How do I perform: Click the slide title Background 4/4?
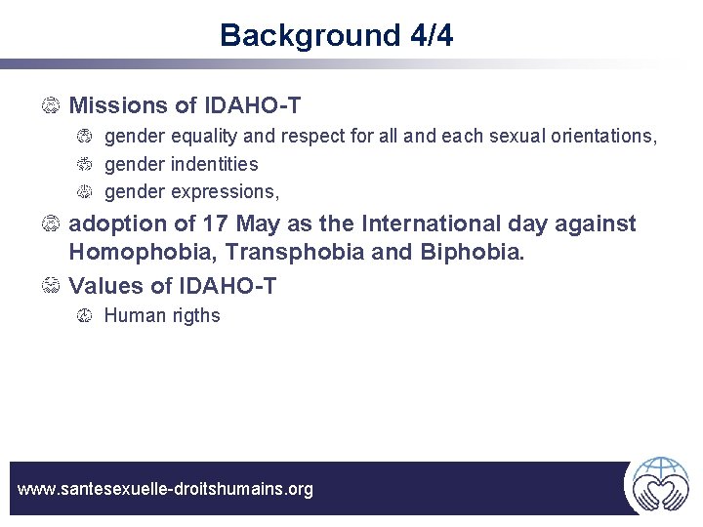coord(336,35)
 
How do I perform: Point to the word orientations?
coord(600,136)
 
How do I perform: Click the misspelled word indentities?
coord(210,164)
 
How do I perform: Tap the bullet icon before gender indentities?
coord(85,164)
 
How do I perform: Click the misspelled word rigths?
coord(193,315)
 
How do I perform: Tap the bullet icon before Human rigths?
coord(85,316)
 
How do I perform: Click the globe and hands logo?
coord(660,484)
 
